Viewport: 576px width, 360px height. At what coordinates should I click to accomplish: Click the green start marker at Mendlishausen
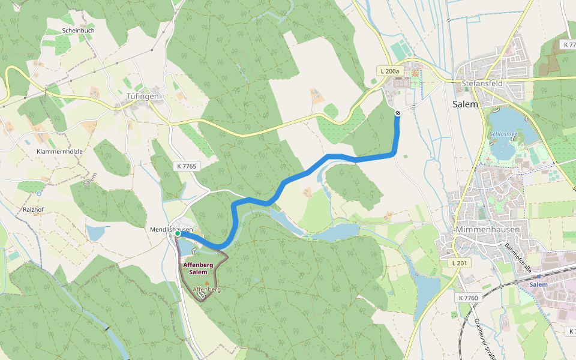[178, 234]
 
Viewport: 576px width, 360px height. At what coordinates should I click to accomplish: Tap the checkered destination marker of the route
[397, 113]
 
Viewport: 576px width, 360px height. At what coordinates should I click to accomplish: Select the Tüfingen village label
[142, 96]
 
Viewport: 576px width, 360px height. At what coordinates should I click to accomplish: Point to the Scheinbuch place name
[78, 30]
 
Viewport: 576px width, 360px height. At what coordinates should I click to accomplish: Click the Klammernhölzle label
[59, 151]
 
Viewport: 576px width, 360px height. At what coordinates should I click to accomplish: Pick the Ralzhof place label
[34, 211]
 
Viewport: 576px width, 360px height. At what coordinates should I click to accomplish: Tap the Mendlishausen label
[171, 229]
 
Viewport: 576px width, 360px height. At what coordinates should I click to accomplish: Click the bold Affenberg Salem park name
[198, 268]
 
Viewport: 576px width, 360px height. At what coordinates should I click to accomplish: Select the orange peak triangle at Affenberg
[207, 283]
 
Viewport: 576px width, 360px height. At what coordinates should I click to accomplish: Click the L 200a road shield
[389, 71]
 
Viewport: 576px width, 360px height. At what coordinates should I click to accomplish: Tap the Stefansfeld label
[481, 83]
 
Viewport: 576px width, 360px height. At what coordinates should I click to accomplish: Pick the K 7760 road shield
[468, 298]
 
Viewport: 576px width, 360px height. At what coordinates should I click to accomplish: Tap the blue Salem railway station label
[538, 284]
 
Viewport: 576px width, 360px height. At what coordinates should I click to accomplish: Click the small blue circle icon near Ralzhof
[39, 194]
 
